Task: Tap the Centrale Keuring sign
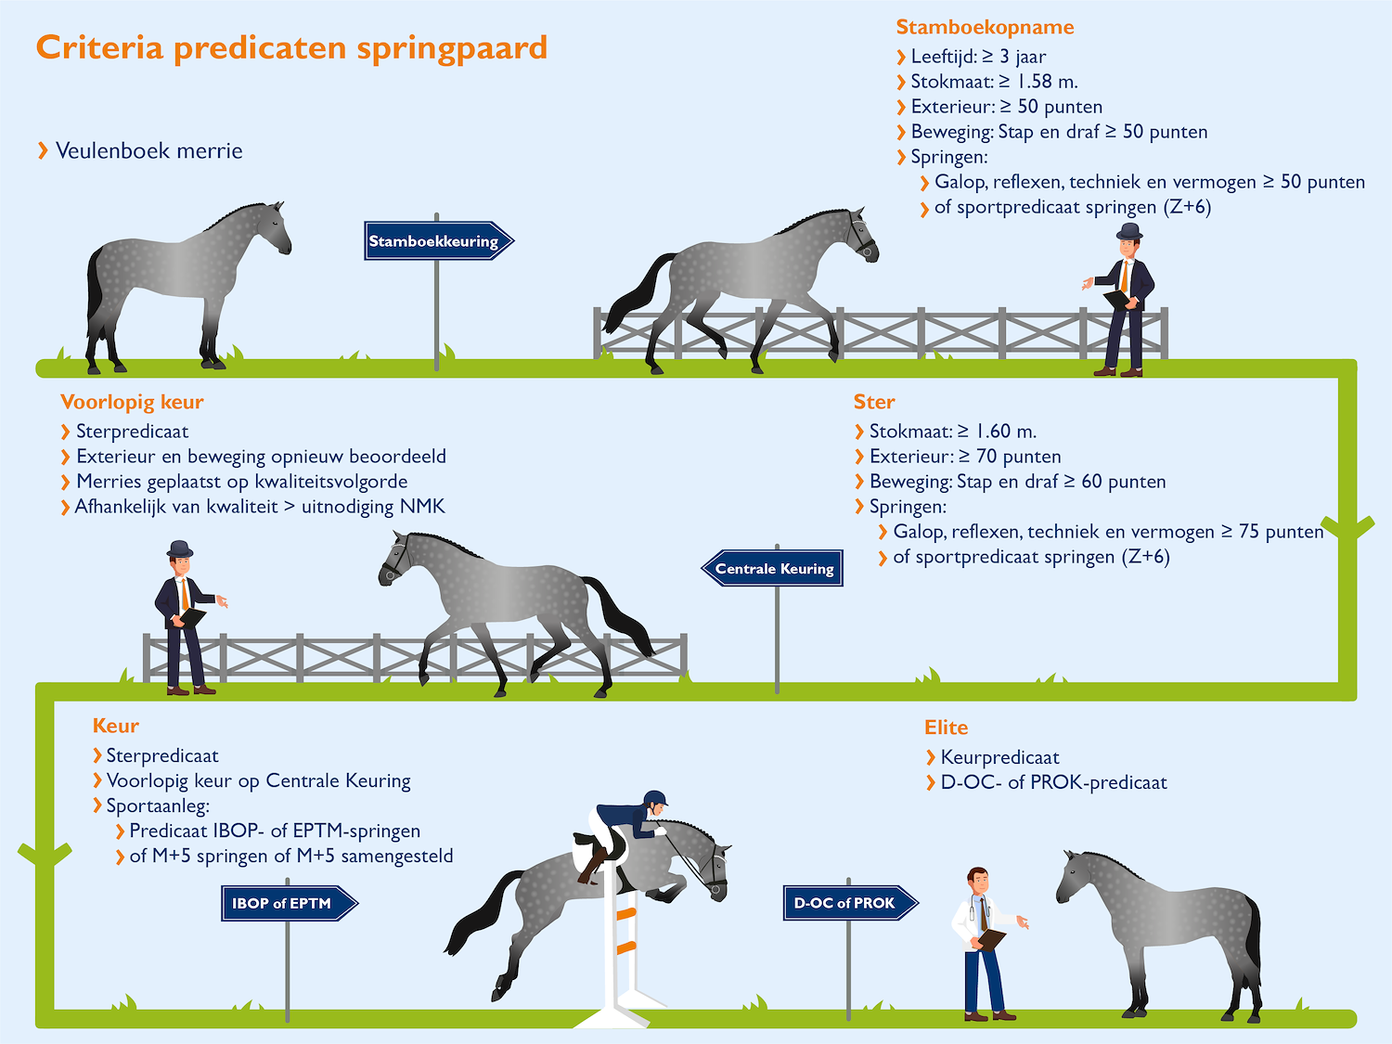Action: [773, 569]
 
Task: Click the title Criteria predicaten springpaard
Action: [291, 47]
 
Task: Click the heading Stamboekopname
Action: [985, 27]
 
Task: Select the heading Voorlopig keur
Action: [132, 402]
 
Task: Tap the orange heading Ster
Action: [874, 402]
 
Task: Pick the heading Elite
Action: [946, 728]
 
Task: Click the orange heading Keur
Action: [116, 726]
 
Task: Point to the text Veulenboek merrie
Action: [148, 150]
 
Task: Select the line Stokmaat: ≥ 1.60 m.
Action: [952, 432]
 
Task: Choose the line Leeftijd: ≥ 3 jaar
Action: [978, 57]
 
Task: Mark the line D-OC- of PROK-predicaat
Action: [1053, 782]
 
